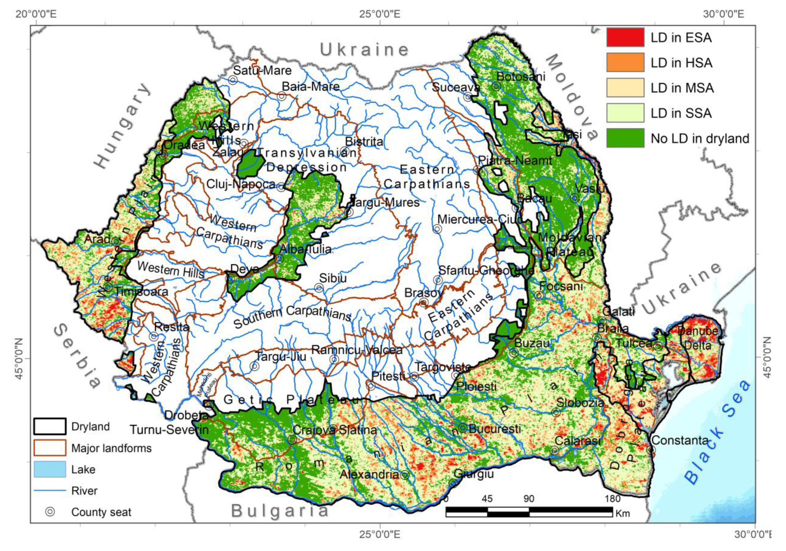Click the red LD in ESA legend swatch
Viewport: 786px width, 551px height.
coord(625,37)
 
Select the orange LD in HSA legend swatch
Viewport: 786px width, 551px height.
coord(625,63)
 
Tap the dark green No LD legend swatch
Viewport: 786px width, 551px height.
coord(625,138)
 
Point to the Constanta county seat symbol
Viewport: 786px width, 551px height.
coord(651,449)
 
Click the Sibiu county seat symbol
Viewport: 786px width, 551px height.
coord(319,288)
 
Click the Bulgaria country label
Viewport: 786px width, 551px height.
coord(280,511)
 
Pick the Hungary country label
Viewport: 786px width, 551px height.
coord(123,126)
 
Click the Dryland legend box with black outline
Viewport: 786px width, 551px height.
coord(50,427)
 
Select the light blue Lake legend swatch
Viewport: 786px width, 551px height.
coord(50,469)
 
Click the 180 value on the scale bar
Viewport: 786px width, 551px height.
coord(612,499)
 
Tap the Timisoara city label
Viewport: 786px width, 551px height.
coord(141,292)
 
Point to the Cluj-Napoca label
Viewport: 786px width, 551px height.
coord(240,184)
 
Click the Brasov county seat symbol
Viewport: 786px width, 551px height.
coord(424,302)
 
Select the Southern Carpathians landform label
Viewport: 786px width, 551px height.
coord(293,317)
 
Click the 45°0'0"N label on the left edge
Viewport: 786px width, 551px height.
coord(19,359)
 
